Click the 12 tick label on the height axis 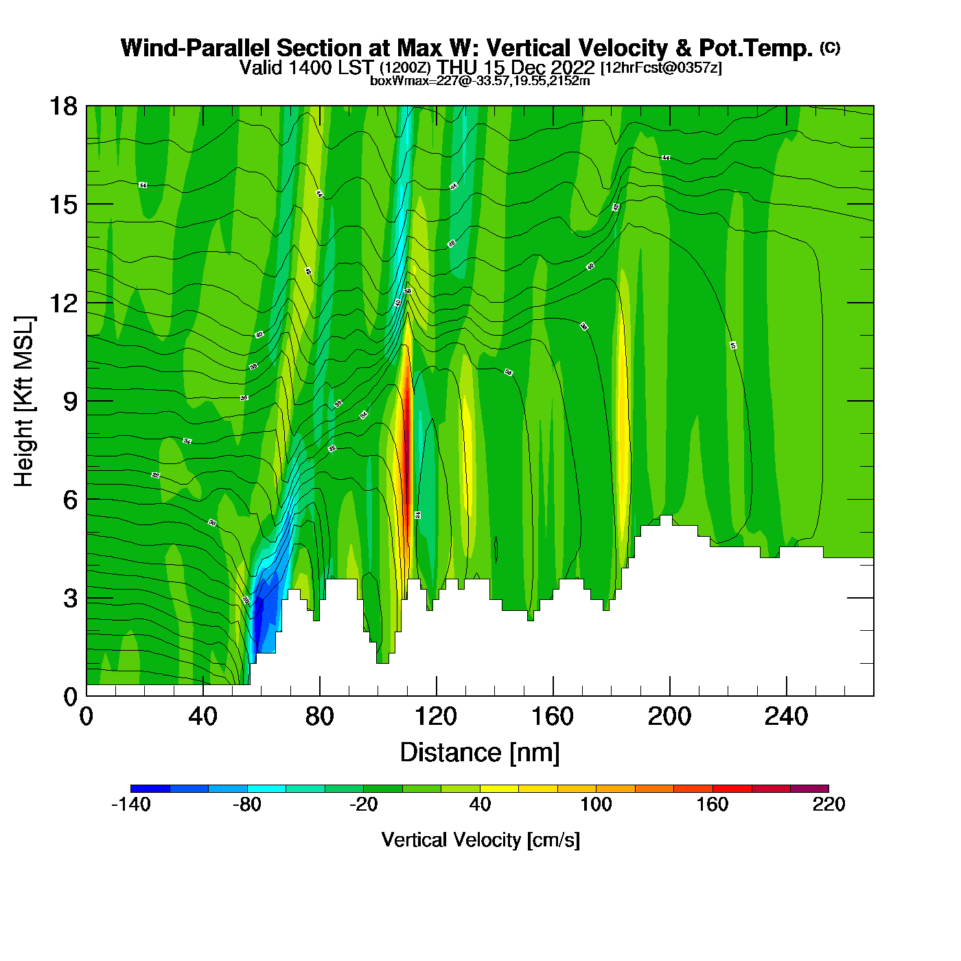coord(63,303)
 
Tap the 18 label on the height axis coord(63,106)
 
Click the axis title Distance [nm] coord(480,753)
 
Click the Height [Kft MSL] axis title coord(24,402)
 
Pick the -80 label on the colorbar coord(247,804)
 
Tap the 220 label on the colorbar coord(829,804)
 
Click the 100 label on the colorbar coord(596,804)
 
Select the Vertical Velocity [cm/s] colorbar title coord(480,840)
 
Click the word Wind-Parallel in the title coord(196,48)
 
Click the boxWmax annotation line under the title coord(480,81)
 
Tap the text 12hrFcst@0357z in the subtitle coord(661,68)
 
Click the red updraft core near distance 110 coord(406,439)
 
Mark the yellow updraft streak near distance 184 coord(623,412)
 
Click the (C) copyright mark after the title coord(830,47)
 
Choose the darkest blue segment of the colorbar coord(150,789)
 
